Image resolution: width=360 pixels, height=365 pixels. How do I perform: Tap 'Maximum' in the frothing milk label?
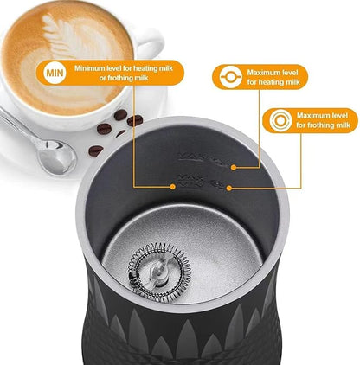click(x=315, y=115)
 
